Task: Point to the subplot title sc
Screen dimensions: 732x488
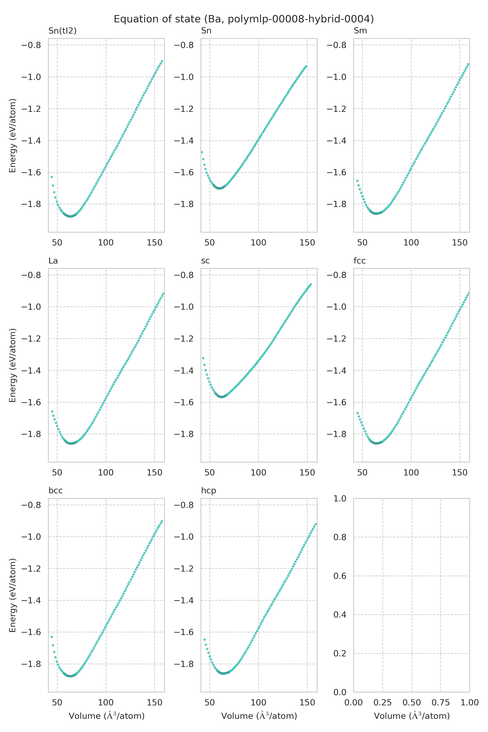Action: coord(205,261)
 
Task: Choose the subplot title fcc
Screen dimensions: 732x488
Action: coord(359,261)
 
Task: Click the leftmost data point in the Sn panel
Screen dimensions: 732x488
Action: coord(202,152)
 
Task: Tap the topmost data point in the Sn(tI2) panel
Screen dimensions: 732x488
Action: coord(162,61)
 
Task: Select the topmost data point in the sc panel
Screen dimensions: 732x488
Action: coord(311,284)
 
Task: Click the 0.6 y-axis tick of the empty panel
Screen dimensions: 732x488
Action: coord(340,576)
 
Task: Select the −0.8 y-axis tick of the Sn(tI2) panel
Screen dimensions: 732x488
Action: coord(31,45)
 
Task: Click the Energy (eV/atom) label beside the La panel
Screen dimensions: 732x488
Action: coord(12,365)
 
